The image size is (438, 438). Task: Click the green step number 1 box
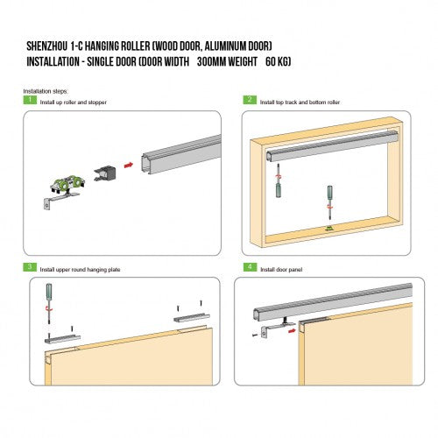[30, 100]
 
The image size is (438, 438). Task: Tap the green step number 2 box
[250, 100]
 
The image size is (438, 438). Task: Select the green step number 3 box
[30, 267]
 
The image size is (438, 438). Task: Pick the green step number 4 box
[250, 267]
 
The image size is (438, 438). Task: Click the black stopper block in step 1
[105, 173]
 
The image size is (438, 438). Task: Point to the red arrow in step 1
[129, 165]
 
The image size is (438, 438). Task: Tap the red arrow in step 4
[292, 330]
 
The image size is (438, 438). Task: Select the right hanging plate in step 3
[192, 318]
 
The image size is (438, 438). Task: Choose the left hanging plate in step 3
[62, 339]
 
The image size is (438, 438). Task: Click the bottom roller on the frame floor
[329, 230]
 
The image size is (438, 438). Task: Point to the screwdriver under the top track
[279, 180]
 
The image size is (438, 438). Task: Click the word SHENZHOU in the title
[46, 46]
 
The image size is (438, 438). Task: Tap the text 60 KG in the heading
[278, 61]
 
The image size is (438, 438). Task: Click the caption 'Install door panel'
[281, 270]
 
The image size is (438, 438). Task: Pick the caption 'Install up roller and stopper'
[74, 102]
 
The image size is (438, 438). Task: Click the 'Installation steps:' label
[46, 91]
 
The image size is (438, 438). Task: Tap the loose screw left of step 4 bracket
[255, 336]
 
